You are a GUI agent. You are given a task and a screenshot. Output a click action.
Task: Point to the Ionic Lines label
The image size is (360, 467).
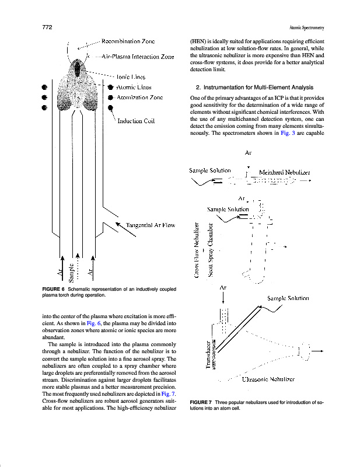point(131,76)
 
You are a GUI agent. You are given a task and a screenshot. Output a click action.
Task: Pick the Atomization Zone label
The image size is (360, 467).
point(139,97)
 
